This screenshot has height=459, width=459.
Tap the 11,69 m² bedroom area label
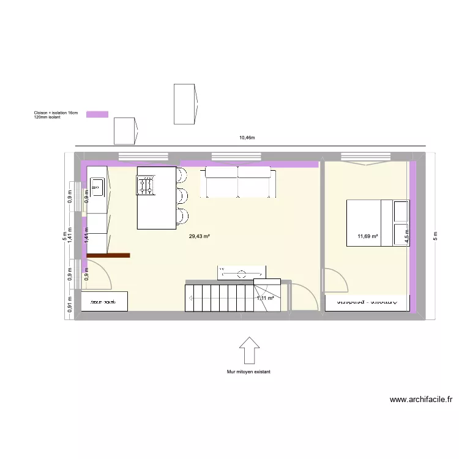(367, 236)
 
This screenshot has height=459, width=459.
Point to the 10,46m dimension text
(247, 138)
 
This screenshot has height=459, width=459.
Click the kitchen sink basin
(97, 184)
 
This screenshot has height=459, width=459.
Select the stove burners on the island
(146, 185)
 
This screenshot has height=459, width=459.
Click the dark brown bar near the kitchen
(108, 255)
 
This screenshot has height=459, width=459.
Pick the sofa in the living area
(238, 182)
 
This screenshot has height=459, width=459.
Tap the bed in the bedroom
(377, 223)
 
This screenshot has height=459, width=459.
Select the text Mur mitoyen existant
(248, 371)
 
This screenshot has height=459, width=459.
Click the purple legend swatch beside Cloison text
(97, 114)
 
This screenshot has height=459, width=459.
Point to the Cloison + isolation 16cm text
(56, 113)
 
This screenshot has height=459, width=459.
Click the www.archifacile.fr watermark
(421, 400)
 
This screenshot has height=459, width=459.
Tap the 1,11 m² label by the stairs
(265, 298)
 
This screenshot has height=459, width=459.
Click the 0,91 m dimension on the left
(70, 304)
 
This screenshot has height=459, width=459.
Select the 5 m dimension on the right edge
(436, 236)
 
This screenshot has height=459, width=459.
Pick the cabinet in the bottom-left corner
(104, 301)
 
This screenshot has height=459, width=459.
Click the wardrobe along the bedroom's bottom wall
(367, 302)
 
